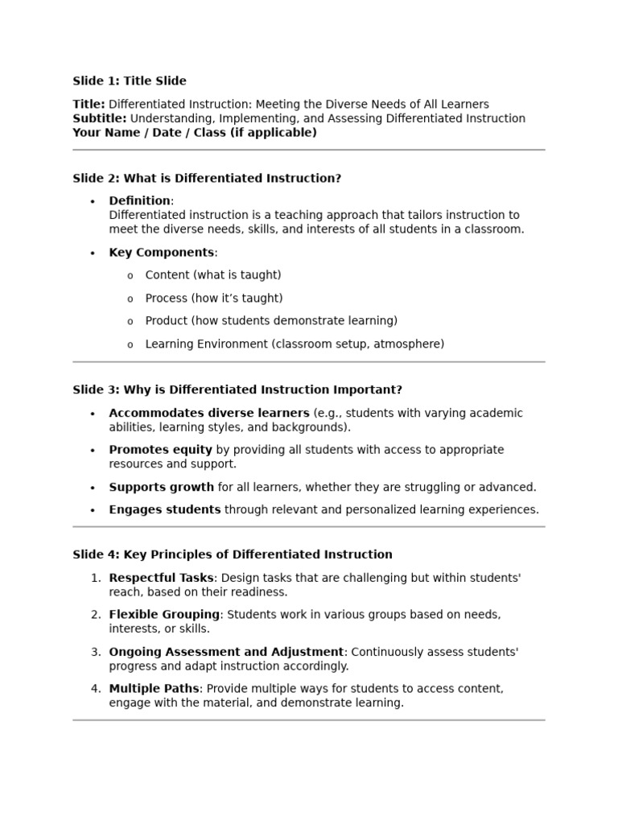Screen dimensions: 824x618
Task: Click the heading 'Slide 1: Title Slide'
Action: [x=130, y=80]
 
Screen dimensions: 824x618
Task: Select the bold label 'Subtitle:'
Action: [x=99, y=118]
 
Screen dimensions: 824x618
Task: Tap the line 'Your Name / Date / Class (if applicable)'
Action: [x=195, y=133]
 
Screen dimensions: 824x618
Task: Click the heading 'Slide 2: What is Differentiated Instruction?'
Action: [x=207, y=178]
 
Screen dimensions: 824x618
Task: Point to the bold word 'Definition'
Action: [x=139, y=200]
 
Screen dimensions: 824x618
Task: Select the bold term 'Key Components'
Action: [x=161, y=253]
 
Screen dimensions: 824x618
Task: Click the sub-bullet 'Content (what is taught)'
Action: [x=212, y=275]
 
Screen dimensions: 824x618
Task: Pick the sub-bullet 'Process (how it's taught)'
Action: [x=213, y=298]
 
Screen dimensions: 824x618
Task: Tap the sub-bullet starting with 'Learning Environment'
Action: [x=294, y=344]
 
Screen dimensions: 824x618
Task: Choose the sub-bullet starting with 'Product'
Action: [x=271, y=321]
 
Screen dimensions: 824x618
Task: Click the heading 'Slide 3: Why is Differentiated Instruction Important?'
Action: [x=237, y=389]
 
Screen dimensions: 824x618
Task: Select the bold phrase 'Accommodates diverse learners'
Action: [x=208, y=413]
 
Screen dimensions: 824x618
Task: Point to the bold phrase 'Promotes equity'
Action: [x=160, y=450]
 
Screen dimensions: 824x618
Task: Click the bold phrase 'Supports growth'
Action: [x=161, y=487]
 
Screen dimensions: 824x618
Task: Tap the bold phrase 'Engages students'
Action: [x=164, y=509]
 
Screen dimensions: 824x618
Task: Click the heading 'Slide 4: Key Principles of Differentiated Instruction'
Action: [x=233, y=554]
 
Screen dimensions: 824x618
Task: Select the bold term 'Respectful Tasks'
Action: [x=161, y=578]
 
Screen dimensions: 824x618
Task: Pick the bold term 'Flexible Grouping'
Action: [x=164, y=615]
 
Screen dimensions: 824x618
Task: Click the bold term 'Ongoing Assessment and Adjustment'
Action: [x=226, y=652]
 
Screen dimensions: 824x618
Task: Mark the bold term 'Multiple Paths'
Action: [x=154, y=689]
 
